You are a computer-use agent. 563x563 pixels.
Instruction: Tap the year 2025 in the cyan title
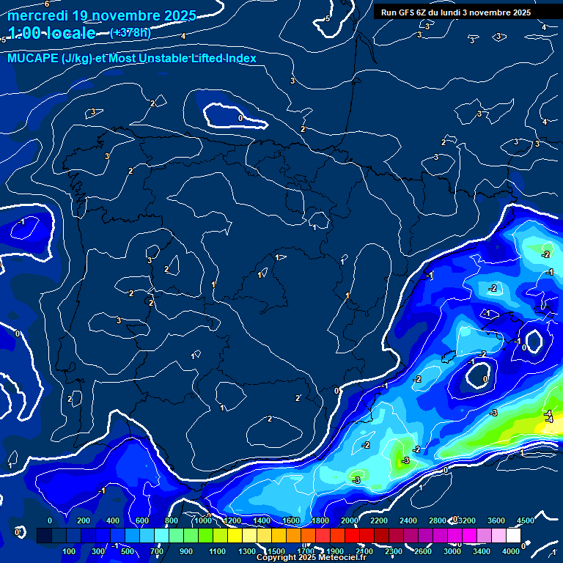[175, 15]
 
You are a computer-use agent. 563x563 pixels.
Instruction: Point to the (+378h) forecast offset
[130, 33]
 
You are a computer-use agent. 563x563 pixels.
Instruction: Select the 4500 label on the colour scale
[525, 520]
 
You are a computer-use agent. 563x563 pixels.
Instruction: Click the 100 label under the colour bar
[70, 551]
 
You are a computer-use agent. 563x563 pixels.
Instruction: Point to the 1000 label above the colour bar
[203, 520]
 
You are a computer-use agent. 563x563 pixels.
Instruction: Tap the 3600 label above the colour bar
[496, 520]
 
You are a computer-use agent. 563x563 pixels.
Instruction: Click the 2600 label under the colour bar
[422, 551]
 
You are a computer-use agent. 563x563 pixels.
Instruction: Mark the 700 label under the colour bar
[157, 551]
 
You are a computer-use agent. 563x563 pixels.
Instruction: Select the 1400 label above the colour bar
[262, 520]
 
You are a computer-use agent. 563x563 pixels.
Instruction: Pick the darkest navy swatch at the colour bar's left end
[44, 536]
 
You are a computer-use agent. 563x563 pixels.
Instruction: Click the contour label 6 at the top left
[47, 4]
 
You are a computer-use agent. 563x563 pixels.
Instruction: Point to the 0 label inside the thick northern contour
[240, 117]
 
